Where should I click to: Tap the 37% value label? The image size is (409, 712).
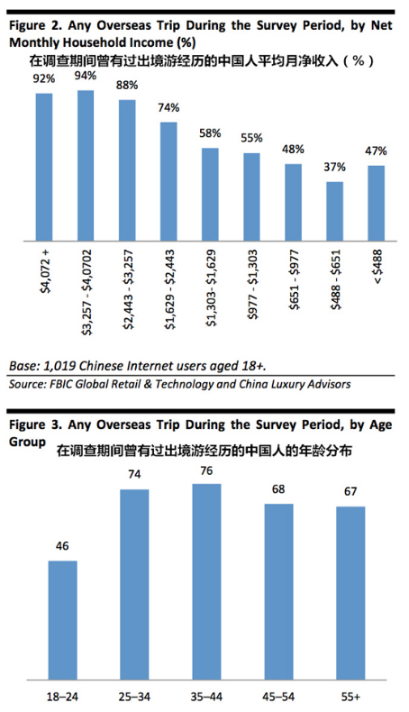tap(334, 169)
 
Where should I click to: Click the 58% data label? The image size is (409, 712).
tap(210, 134)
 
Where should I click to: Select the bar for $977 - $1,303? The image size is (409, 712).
tap(251, 197)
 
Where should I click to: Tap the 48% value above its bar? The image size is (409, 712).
tap(293, 150)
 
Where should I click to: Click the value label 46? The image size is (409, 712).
tap(62, 546)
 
